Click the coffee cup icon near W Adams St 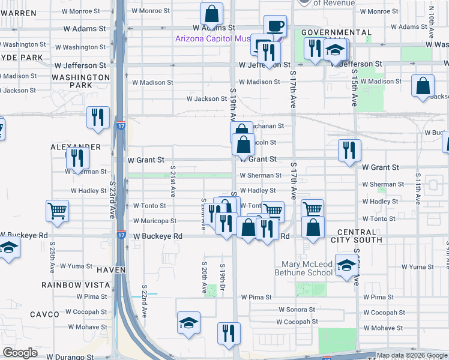pos(275,26)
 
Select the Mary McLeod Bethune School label pos(307,268)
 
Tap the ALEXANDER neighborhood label pos(75,147)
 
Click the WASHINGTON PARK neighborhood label pos(81,82)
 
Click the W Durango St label pos(70,356)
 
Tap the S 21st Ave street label pos(172,182)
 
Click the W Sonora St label pos(297,310)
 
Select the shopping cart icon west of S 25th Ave pos(57,211)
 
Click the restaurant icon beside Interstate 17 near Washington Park pos(98,118)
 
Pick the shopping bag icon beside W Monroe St pos(211,13)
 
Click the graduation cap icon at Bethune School pos(346,265)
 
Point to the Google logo pos(20,353)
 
